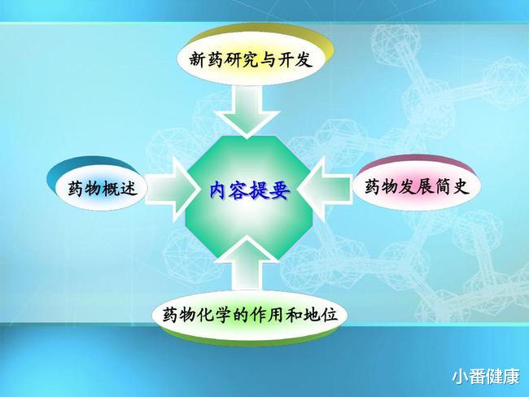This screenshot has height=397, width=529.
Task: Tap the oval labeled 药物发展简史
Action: tap(416, 186)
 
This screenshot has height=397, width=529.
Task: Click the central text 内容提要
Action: tap(248, 188)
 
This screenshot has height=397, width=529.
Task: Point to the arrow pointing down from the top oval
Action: tap(249, 111)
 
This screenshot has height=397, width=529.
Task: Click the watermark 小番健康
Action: tap(486, 377)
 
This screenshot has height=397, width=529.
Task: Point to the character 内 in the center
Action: tap(218, 188)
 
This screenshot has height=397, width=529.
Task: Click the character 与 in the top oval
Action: tap(265, 60)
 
